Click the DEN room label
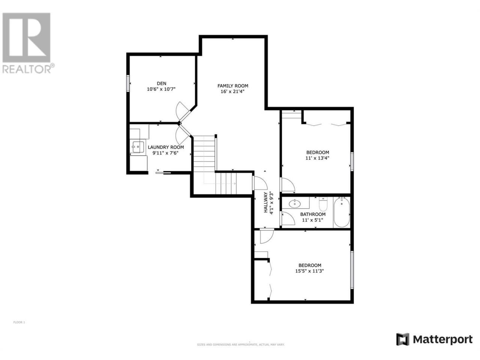point(161,84)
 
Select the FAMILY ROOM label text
point(232,86)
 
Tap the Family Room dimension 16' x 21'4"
point(232,91)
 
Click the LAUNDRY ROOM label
point(166,147)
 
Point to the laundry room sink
point(138,147)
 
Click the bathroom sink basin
point(294,204)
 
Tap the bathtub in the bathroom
point(341,212)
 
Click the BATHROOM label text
point(313,214)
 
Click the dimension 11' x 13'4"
point(317,158)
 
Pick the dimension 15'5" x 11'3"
point(309,271)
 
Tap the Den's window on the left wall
point(128,83)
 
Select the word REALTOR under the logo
point(27,69)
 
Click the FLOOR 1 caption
point(19,322)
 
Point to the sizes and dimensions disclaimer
point(240,345)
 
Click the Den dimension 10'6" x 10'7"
point(161,89)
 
